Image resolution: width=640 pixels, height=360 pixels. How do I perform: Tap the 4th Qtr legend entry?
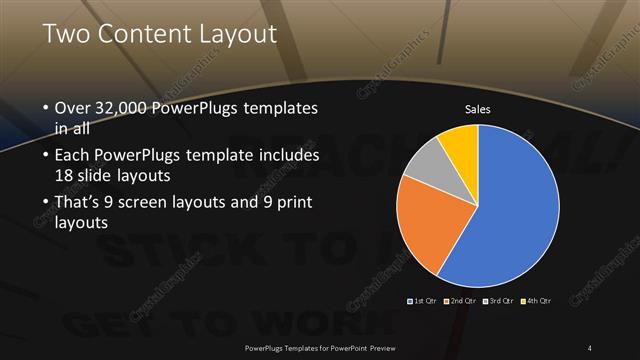click(x=539, y=300)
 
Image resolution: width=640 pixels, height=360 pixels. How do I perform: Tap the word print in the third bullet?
click(x=291, y=204)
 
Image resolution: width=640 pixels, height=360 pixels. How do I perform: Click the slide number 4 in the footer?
click(x=590, y=347)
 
